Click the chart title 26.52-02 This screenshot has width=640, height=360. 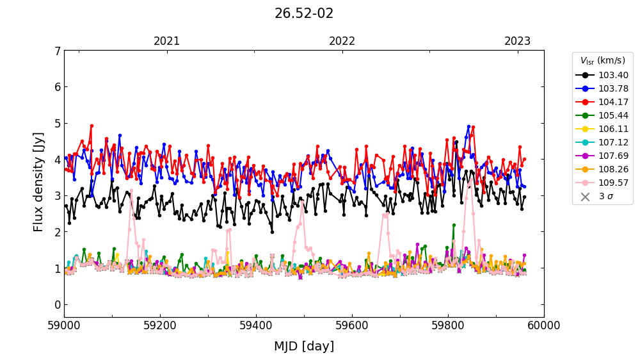(304, 13)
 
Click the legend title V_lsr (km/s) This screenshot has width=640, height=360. (602, 61)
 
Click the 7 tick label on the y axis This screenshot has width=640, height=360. (58, 51)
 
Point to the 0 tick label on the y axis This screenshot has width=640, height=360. (58, 304)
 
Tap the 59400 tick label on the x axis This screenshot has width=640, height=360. (256, 326)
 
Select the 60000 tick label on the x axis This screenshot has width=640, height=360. (544, 326)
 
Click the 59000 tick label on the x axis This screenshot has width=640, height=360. (64, 326)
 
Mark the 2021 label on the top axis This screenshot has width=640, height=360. (167, 42)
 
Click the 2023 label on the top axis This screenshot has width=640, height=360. (517, 42)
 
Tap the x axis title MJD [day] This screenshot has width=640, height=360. (304, 347)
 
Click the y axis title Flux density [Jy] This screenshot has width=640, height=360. (39, 182)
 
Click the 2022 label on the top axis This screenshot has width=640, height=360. (342, 42)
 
